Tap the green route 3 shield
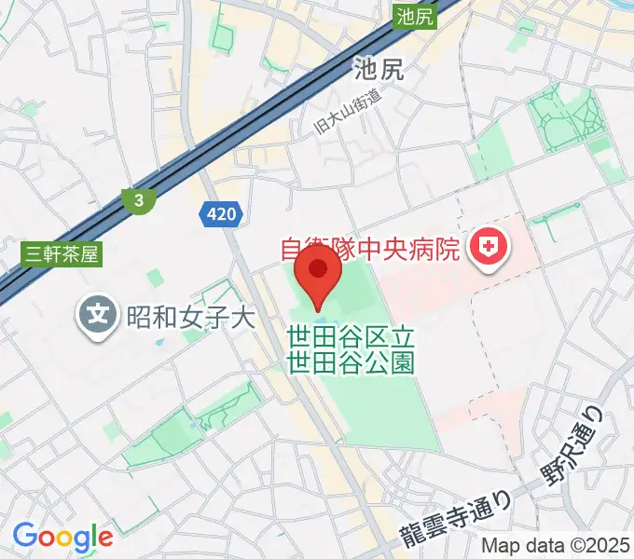(x=138, y=199)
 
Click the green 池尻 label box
(x=415, y=15)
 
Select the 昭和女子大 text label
(x=190, y=317)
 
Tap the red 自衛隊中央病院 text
(x=371, y=249)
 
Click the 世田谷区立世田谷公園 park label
(x=351, y=348)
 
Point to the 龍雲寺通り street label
(x=457, y=521)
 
